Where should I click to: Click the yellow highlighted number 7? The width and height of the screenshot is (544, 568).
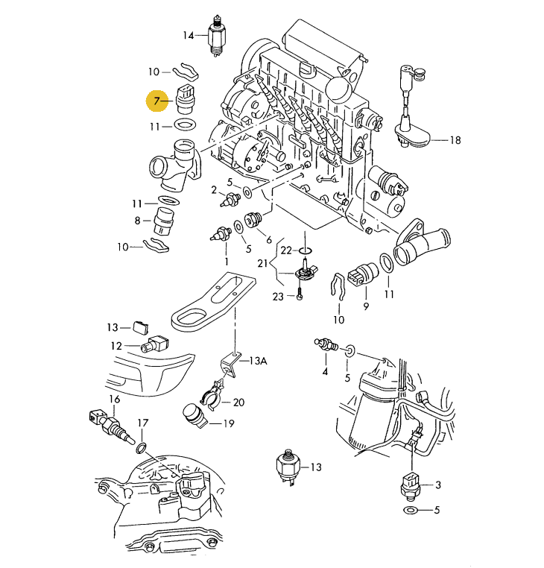click(157, 100)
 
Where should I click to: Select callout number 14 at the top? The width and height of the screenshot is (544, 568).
click(188, 35)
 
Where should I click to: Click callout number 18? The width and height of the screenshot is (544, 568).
click(455, 139)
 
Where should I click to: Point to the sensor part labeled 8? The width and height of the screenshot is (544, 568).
click(162, 221)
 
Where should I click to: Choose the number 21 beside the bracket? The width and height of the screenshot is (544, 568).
click(262, 263)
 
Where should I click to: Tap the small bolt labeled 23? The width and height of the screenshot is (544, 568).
click(299, 296)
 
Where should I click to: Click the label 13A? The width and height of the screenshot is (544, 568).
click(257, 361)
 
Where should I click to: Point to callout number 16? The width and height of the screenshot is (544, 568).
click(114, 400)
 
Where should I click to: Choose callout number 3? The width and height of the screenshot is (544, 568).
click(438, 485)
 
